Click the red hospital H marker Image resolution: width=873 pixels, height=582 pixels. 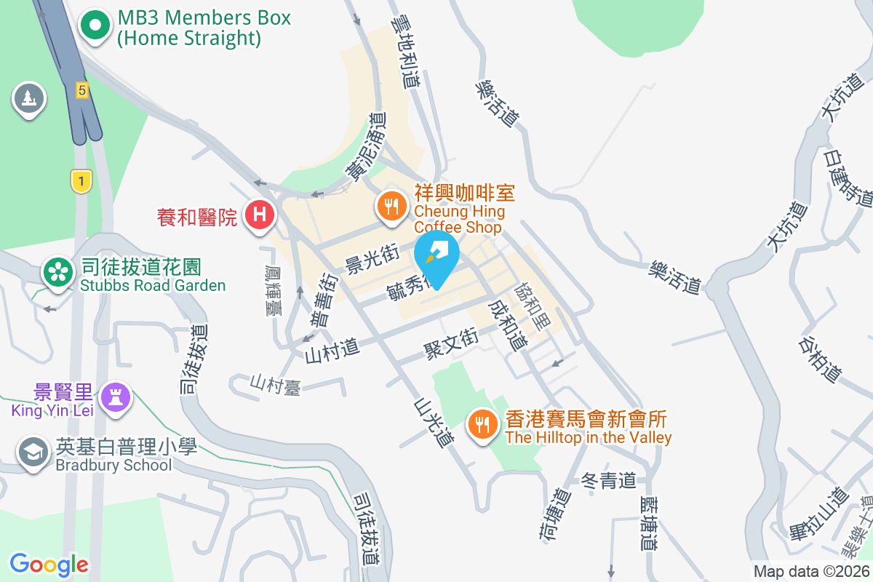pyautogui.click(x=258, y=215)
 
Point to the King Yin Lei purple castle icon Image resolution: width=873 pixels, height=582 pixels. pyautogui.click(x=116, y=396)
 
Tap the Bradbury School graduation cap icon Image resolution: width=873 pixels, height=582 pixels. pyautogui.click(x=33, y=453)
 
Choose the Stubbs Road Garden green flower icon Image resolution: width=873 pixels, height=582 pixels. pyautogui.click(x=57, y=271)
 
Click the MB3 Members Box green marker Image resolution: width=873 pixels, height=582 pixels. pyautogui.click(x=95, y=26)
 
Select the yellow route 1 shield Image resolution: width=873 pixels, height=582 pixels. pyautogui.click(x=81, y=181)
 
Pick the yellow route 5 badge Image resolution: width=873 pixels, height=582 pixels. pyautogui.click(x=81, y=90)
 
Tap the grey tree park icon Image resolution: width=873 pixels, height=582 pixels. pyautogui.click(x=28, y=97)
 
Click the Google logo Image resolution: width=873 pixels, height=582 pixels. pyautogui.click(x=49, y=565)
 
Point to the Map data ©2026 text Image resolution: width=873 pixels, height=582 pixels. pyautogui.click(x=811, y=571)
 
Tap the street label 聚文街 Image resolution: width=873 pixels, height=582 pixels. pyautogui.click(x=451, y=342)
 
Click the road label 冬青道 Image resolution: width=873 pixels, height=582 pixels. pyautogui.click(x=609, y=480)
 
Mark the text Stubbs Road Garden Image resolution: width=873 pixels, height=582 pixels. pyautogui.click(x=153, y=285)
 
